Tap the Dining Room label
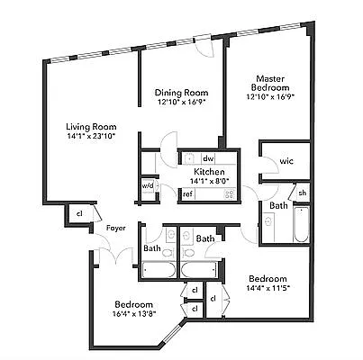pos(181,92)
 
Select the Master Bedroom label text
pos(270,84)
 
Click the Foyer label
pos(115,228)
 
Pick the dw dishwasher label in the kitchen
pos(207,157)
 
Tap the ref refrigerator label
pos(187,193)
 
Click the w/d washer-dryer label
pos(148,187)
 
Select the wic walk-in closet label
pos(286,160)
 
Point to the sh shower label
pos(302,193)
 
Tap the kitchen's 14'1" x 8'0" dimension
pos(209,180)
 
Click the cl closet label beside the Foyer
pos(79,213)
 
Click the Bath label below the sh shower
pos(278,206)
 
